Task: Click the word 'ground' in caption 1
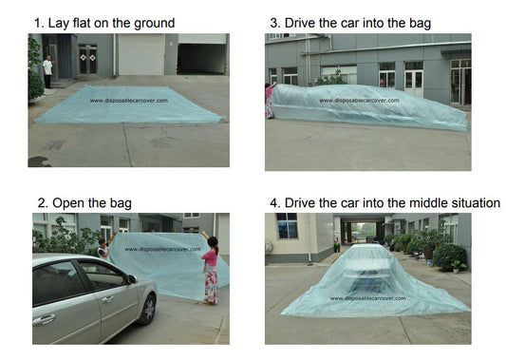154,24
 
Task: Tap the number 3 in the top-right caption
274,23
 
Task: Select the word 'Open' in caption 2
67,204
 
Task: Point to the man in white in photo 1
47,71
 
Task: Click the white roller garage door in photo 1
141,54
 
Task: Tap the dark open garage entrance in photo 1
202,59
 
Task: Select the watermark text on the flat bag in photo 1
129,101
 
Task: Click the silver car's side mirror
132,279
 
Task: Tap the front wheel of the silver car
149,310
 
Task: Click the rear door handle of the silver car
44,320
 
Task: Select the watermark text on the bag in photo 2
163,249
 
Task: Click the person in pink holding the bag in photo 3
270,101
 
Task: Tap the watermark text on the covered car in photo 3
360,101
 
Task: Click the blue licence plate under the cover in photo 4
367,282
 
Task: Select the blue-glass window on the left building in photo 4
287,226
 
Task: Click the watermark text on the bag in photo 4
368,298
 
